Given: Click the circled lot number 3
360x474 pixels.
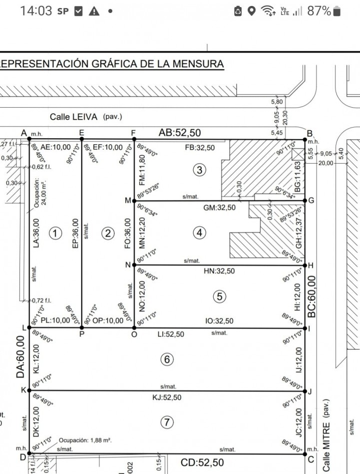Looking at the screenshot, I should (x=200, y=170).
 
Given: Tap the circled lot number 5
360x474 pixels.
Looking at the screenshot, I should (x=219, y=297).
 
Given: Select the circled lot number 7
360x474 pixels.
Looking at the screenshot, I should (x=166, y=423).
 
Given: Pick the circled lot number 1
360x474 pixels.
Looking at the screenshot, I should (x=55, y=233).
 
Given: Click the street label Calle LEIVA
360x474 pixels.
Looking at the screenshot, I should (x=74, y=117).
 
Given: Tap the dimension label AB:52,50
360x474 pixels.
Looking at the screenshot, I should (x=180, y=133).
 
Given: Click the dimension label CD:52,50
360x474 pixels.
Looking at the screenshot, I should (x=203, y=463).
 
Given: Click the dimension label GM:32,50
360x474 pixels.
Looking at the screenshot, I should (x=220, y=207).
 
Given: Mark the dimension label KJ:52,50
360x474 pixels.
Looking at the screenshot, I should (x=167, y=398).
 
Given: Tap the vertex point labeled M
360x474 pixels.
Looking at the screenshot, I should (x=134, y=201).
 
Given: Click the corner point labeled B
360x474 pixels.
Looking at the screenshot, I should (x=305, y=139).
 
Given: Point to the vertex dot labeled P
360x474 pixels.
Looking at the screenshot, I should (x=81, y=327).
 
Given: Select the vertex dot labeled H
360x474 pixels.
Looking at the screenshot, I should (x=305, y=265).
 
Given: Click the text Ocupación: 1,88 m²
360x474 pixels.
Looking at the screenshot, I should (x=85, y=441).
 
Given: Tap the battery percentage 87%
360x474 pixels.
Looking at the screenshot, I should (x=319, y=11).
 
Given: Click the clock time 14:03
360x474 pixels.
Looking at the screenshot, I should (x=35, y=11).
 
